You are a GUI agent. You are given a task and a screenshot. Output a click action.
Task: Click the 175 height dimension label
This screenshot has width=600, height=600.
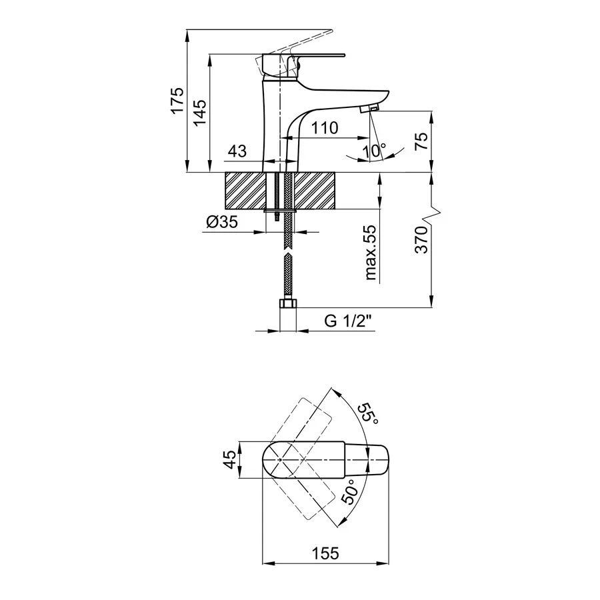pyautogui.click(x=177, y=100)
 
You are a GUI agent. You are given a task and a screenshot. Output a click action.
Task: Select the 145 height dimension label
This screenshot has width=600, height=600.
pyautogui.click(x=199, y=112)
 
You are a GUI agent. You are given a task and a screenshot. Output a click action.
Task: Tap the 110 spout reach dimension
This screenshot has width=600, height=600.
pyautogui.click(x=324, y=128)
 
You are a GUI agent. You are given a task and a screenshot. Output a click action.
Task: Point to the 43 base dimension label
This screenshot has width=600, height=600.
pyautogui.click(x=237, y=151)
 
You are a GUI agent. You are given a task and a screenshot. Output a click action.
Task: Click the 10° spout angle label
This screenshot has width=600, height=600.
pyautogui.click(x=374, y=151)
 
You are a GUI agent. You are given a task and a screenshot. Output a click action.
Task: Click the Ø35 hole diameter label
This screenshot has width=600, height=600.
pyautogui.click(x=222, y=221)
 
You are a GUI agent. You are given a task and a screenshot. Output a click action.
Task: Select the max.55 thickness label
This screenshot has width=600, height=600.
pyautogui.click(x=371, y=253)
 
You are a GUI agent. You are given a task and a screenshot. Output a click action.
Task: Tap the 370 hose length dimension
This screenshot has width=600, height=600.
pyautogui.click(x=421, y=239)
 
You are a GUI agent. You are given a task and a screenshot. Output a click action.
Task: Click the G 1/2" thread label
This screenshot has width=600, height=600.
pyautogui.click(x=348, y=321)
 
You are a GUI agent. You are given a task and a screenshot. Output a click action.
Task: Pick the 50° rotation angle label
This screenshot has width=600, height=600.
pyautogui.click(x=350, y=493)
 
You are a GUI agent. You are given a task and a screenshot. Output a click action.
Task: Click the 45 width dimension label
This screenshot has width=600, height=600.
pyautogui.click(x=230, y=459)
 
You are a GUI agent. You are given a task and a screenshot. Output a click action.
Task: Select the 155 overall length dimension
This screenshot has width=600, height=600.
pyautogui.click(x=325, y=553)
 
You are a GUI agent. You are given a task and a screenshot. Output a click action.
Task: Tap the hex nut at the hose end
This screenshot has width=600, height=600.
pyautogui.click(x=289, y=303)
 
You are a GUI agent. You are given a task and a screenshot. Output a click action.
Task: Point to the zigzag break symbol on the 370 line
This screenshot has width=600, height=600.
pyautogui.click(x=432, y=215)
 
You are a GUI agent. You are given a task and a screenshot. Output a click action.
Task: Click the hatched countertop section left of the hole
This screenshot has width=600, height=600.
pyautogui.click(x=245, y=191)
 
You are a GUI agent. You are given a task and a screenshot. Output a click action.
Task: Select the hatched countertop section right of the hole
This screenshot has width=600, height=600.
pyautogui.click(x=314, y=191)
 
